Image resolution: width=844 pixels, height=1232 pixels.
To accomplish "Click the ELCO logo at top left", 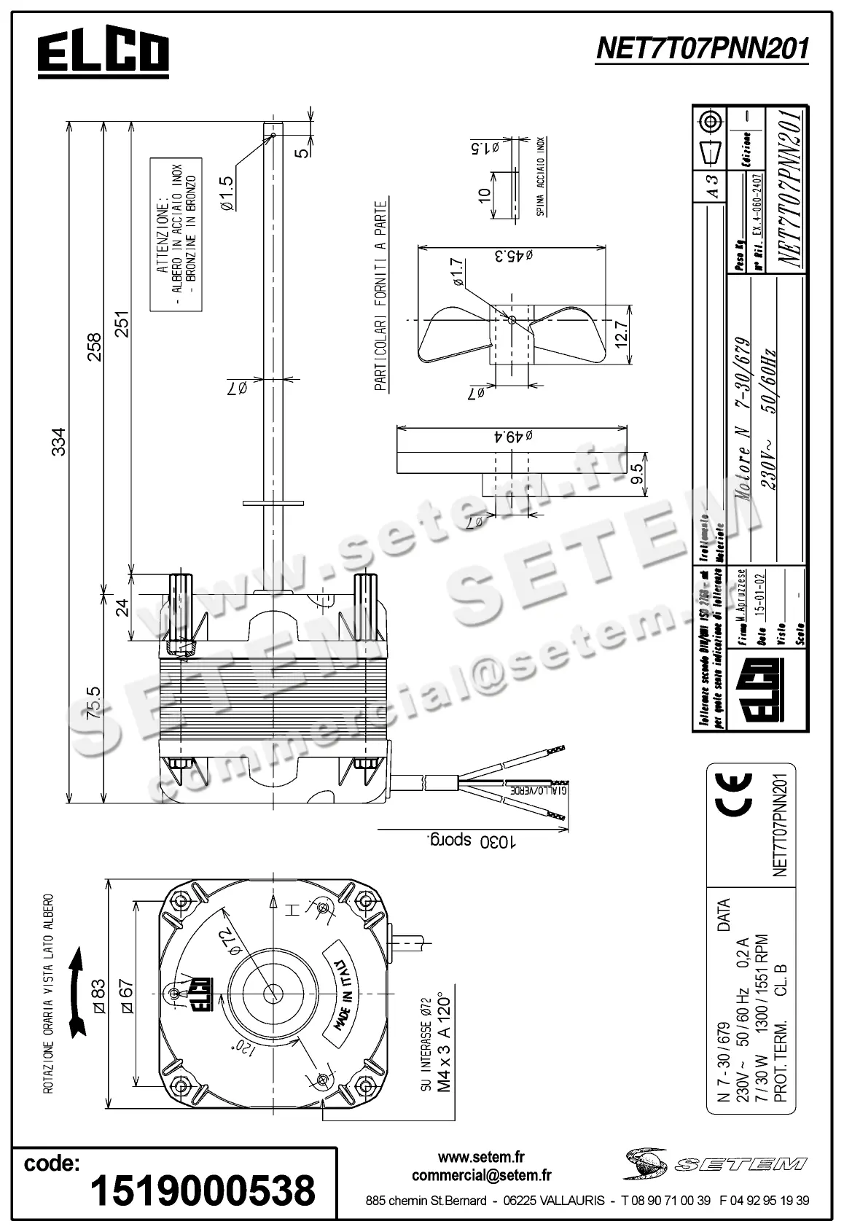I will pyautogui.click(x=103, y=54).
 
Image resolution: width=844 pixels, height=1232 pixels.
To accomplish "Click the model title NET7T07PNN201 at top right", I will pyautogui.click(x=702, y=50).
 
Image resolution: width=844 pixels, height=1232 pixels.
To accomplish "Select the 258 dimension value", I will pyautogui.click(x=95, y=347).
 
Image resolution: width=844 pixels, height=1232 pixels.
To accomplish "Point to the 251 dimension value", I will pyautogui.click(x=122, y=324).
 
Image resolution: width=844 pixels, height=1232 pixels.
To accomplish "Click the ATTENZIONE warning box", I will pyautogui.click(x=176, y=234).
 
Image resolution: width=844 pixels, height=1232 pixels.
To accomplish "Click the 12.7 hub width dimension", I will pyautogui.click(x=620, y=335).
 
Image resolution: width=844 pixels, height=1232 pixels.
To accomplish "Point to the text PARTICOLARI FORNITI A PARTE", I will pyautogui.click(x=380, y=297).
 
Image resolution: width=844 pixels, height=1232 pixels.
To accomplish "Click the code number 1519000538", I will pyautogui.click(x=202, y=1190).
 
